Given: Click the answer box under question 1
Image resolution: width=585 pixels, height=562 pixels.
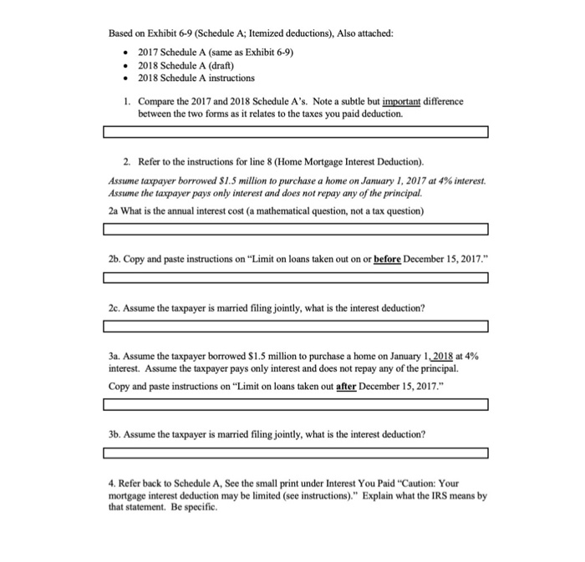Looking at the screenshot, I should point(296,132).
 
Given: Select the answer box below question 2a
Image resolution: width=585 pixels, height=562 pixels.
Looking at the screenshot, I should point(296,230).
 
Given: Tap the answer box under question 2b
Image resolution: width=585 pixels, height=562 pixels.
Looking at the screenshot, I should point(296,278).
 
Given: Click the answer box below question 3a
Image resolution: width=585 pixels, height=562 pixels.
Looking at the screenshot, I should point(296,405).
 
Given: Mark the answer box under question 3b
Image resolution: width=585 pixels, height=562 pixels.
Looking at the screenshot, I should point(296,453).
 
